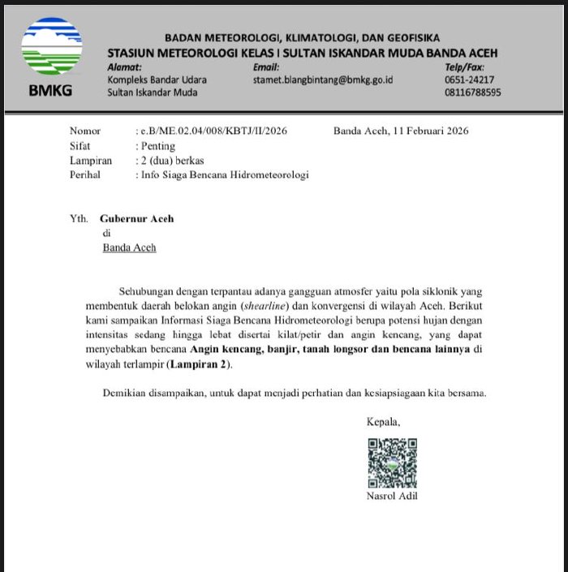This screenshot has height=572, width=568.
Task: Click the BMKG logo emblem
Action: (x=51, y=48)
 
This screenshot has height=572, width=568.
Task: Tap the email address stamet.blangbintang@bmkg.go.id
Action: (x=323, y=80)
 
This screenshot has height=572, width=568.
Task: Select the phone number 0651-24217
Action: (x=469, y=80)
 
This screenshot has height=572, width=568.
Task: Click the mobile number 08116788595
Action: (x=472, y=92)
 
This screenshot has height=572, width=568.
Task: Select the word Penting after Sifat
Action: (x=157, y=146)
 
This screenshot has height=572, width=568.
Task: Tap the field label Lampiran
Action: (x=90, y=161)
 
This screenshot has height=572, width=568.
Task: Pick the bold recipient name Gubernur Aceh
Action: (x=136, y=219)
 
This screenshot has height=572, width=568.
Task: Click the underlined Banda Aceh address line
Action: (x=129, y=247)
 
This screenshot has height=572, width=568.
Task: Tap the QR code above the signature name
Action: (x=392, y=462)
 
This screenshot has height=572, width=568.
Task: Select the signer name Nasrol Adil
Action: (x=393, y=496)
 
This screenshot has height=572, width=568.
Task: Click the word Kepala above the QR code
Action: (x=383, y=422)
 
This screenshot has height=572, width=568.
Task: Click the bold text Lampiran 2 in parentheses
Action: (x=198, y=364)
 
